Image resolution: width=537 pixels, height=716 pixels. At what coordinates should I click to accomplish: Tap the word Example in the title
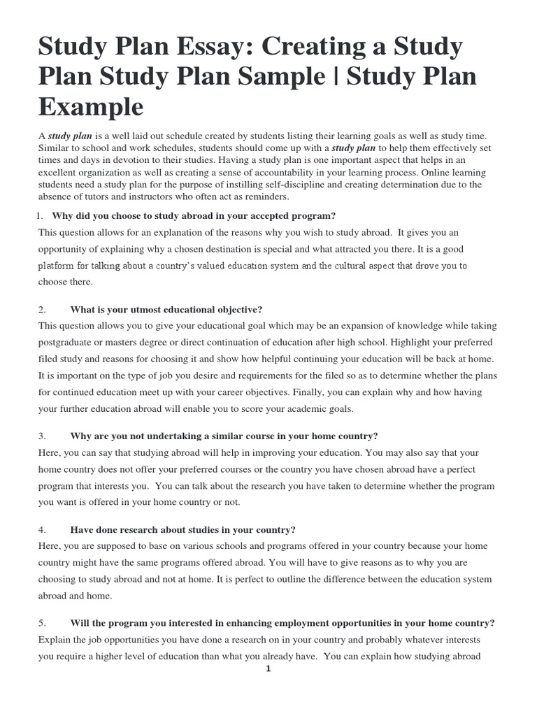click(91, 108)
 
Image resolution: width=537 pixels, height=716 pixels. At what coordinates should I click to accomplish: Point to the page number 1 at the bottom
click(268, 668)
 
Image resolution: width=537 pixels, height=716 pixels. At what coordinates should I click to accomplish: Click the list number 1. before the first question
click(43, 215)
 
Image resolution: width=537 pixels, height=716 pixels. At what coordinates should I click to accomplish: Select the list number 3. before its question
click(42, 436)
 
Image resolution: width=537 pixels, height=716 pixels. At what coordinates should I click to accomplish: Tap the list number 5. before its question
click(42, 622)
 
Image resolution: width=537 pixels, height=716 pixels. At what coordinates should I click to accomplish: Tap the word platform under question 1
click(58, 266)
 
